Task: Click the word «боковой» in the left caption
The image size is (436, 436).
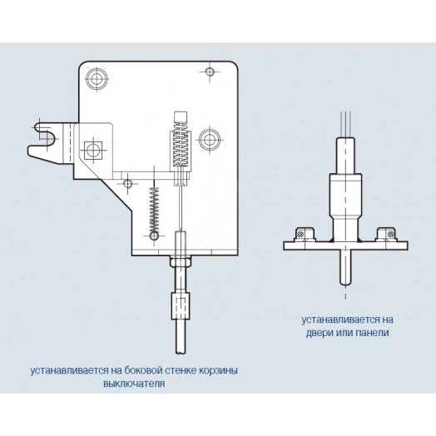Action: point(143,370)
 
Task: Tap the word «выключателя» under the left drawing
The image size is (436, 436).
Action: point(134,384)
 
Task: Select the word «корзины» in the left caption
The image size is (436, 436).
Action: point(219,371)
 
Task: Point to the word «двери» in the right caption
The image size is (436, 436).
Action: point(320,333)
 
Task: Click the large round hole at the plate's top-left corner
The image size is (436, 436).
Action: point(97,79)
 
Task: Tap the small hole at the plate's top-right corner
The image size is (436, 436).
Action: point(210,72)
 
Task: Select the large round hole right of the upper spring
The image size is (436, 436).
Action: point(210,140)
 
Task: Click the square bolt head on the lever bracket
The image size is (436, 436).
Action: point(93,151)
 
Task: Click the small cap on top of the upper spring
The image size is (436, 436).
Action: point(181,117)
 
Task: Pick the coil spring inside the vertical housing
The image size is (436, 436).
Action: point(181,145)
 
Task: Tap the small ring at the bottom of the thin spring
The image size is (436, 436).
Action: point(154,236)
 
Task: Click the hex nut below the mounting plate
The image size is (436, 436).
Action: point(181,261)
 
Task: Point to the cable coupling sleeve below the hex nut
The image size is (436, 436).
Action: point(181,305)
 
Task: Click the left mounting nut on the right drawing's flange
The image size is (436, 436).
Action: point(305,234)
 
